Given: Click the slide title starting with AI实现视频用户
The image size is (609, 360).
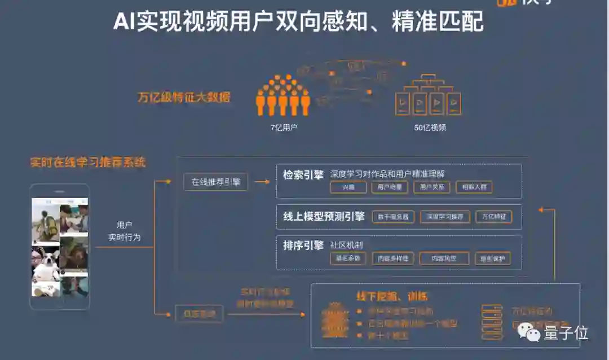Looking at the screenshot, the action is pos(298,22).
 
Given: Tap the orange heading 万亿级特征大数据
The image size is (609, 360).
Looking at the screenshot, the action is pos(184,97).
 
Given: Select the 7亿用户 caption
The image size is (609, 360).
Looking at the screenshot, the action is pos(284,128).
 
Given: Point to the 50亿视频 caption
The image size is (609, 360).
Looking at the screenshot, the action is pos(430,128).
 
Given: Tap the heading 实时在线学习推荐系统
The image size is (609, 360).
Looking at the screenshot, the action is pos(87,163).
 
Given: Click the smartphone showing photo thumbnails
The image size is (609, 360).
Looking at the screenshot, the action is pos(60,246).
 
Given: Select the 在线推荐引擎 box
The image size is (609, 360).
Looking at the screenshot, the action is pos(215,182).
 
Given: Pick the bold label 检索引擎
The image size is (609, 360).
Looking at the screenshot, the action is pos(303,175).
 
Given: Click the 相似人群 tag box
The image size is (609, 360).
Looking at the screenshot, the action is pos(474,187).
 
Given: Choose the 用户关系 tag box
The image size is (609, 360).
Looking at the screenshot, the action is pos(433,187).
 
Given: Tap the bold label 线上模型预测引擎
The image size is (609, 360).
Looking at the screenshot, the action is pos(324,216).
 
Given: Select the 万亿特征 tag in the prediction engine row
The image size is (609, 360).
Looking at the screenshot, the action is pos(493,217).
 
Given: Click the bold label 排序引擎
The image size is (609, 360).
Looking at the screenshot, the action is pos(303,245).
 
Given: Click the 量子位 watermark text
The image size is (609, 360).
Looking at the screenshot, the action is pos(566,333).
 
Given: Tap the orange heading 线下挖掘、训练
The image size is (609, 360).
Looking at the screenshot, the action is pos(391,296).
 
